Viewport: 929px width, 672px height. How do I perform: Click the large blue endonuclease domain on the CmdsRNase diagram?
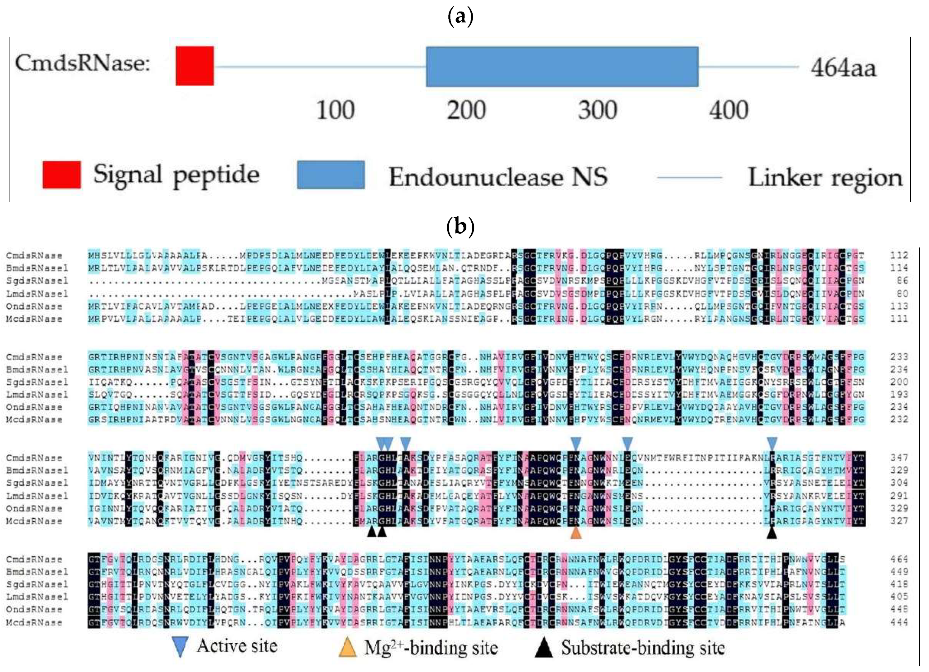click(x=562, y=67)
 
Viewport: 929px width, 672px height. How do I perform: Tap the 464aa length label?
click(x=843, y=68)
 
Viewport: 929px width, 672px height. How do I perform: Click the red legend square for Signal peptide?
click(x=61, y=175)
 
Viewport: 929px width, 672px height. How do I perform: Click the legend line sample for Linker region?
click(x=689, y=177)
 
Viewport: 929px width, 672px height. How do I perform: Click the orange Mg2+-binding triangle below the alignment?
click(x=576, y=532)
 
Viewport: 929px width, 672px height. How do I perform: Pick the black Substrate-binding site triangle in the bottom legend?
click(x=544, y=647)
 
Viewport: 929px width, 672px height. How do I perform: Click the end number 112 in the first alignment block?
click(x=899, y=256)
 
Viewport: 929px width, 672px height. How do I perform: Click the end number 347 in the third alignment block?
click(x=899, y=458)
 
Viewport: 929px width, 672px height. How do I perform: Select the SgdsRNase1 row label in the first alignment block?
click(x=37, y=281)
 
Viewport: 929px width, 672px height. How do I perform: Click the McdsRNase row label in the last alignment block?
click(x=34, y=622)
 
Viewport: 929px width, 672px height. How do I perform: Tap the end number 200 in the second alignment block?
click(x=899, y=382)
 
